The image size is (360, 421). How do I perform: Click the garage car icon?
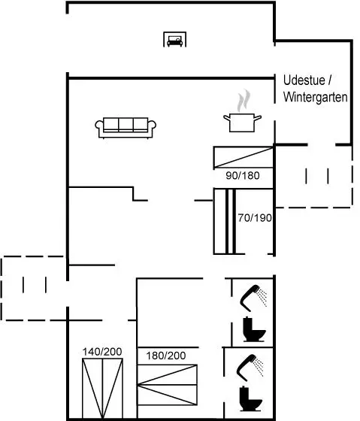(175, 39)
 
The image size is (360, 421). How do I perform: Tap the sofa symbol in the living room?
(126, 128)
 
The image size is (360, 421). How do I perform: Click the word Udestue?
(304, 80)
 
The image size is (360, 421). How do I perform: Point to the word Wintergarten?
(316, 97)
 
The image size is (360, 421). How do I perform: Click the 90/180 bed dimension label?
(243, 176)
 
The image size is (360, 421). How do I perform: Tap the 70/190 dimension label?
(255, 218)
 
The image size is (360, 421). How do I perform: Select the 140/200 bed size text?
(102, 352)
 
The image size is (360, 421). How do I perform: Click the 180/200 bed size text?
(166, 356)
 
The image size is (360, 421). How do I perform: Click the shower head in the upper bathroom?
(253, 298)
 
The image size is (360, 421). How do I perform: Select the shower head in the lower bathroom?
(250, 368)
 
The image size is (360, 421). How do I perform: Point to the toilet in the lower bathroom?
(250, 398)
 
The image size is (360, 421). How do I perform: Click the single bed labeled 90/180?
(244, 157)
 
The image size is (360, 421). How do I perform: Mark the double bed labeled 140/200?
(102, 389)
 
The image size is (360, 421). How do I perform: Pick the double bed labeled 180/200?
(168, 384)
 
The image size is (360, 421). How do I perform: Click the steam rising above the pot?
(244, 100)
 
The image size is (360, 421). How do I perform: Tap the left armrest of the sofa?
(99, 127)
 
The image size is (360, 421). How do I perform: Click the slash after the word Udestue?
(329, 80)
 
